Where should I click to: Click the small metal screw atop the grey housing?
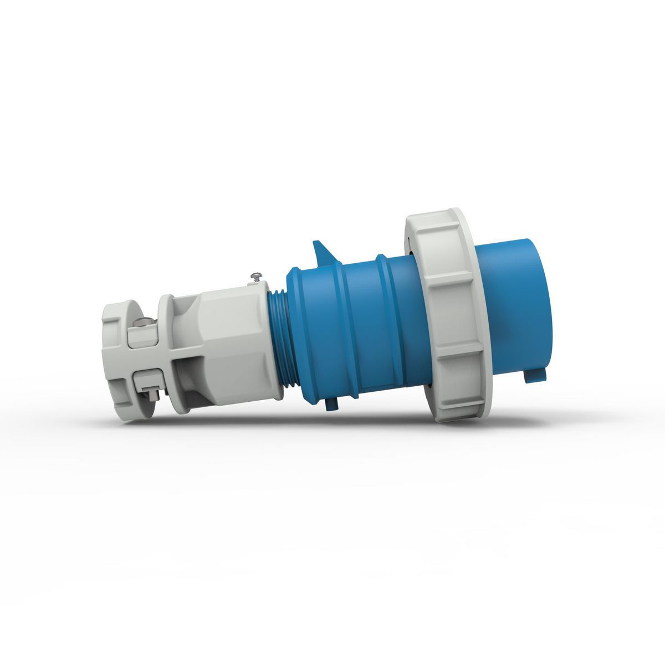tap(257, 275)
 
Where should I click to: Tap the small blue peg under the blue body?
tap(331, 404)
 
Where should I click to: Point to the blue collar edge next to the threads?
tap(296, 338)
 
